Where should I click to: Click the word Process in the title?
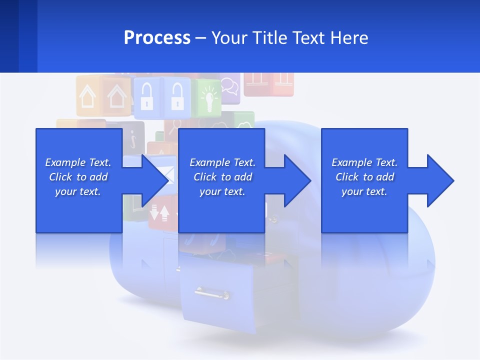[x=157, y=38]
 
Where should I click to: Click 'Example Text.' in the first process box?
[x=78, y=162]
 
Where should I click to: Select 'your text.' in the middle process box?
[x=222, y=191]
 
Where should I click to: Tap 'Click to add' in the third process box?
[x=364, y=177]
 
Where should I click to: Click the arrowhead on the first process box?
[x=152, y=180]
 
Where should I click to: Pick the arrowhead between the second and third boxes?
[x=295, y=180]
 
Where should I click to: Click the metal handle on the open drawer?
[x=212, y=292]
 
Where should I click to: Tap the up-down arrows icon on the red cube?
[x=159, y=212]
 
